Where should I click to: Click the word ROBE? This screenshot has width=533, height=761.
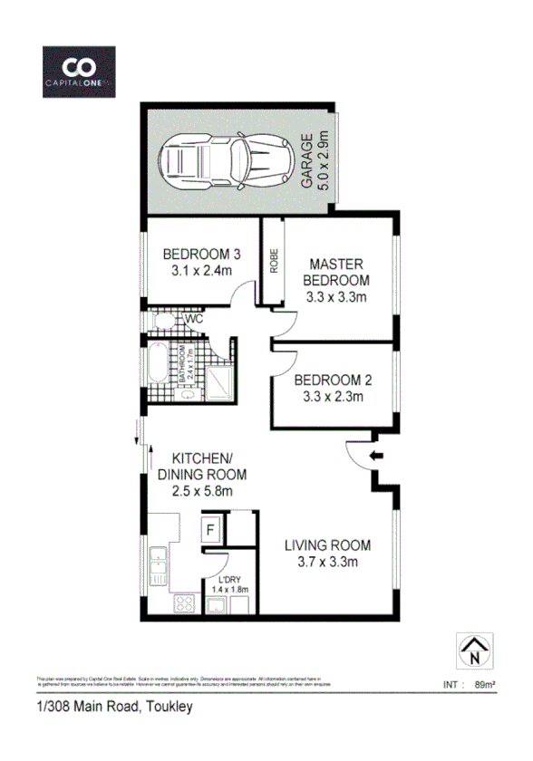click(x=273, y=262)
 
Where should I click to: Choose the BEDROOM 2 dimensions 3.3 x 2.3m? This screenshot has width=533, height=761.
click(x=333, y=396)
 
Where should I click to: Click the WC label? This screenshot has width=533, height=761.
click(x=193, y=320)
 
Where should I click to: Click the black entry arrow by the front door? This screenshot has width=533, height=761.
click(x=378, y=455)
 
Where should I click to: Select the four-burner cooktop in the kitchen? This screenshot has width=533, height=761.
click(x=185, y=602)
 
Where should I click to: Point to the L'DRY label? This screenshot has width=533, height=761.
click(x=228, y=581)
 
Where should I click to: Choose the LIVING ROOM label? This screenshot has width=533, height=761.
click(x=327, y=553)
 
